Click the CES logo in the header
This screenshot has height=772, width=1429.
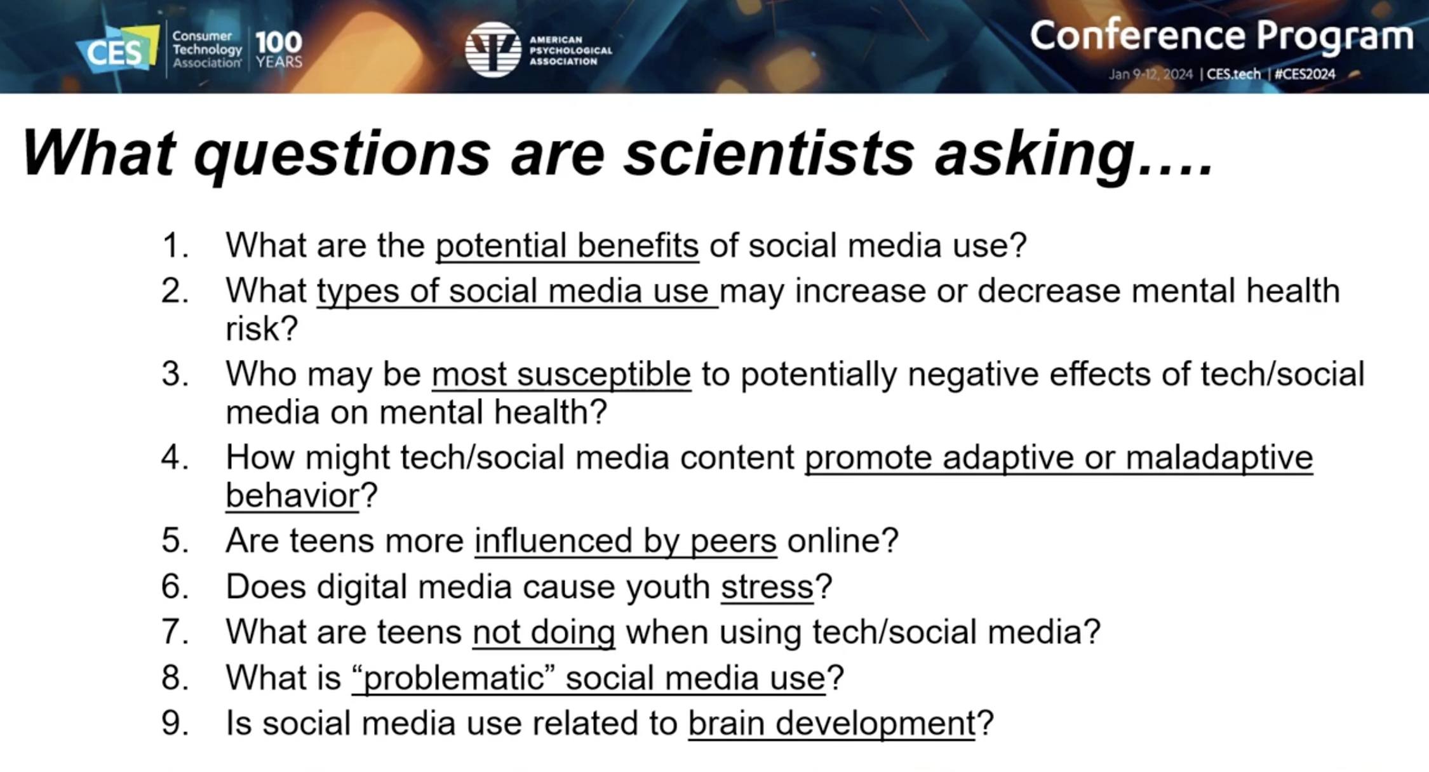pos(118,49)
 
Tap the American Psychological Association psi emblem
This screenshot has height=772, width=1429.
pos(493,49)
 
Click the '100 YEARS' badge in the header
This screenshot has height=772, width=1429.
pos(279,50)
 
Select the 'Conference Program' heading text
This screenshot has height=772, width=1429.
pos(1221,36)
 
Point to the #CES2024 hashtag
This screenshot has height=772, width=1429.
pos(1305,74)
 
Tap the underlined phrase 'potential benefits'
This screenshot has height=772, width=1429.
pos(567,245)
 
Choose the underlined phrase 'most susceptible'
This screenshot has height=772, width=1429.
pos(561,374)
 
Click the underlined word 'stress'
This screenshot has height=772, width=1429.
pos(767,587)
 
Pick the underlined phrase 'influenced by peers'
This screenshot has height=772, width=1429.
pos(626,542)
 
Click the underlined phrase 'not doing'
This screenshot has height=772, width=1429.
pos(544,632)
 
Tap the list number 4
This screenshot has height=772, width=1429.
pos(174,458)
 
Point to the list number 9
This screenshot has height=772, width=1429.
pos(174,723)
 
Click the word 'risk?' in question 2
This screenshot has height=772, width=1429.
pos(262,329)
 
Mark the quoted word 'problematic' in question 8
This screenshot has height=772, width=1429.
pos(448,677)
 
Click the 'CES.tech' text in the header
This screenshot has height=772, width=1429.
pos(1233,74)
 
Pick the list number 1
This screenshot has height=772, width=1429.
pos(174,246)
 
